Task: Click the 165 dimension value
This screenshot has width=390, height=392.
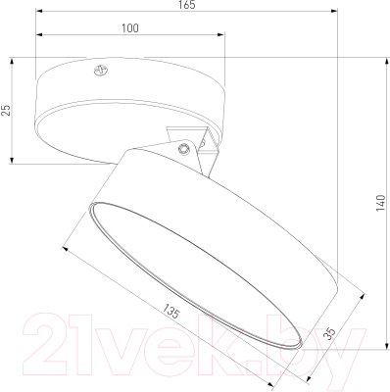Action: point(188,6)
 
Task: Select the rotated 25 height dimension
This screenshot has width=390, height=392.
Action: point(6,110)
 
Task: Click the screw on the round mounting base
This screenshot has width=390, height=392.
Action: point(98,70)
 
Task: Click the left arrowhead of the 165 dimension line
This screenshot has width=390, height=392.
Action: point(39,14)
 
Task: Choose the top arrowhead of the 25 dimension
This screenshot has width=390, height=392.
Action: point(13,65)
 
